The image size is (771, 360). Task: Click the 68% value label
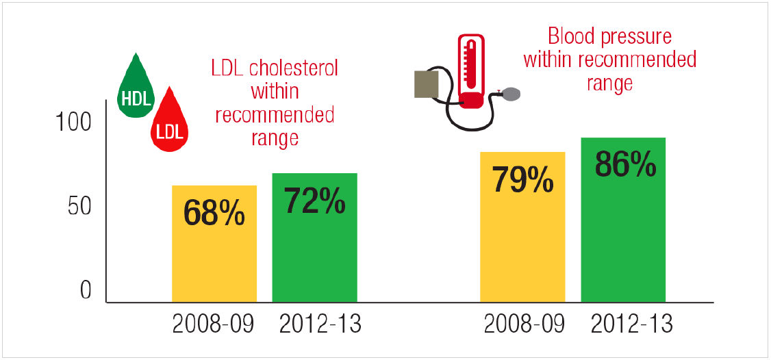[x=214, y=213]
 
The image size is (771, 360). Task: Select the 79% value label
[x=522, y=179]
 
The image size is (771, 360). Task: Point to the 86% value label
[x=623, y=165]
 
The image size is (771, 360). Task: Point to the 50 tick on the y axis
[x=79, y=207]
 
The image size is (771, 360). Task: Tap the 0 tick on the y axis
[x=85, y=290]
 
